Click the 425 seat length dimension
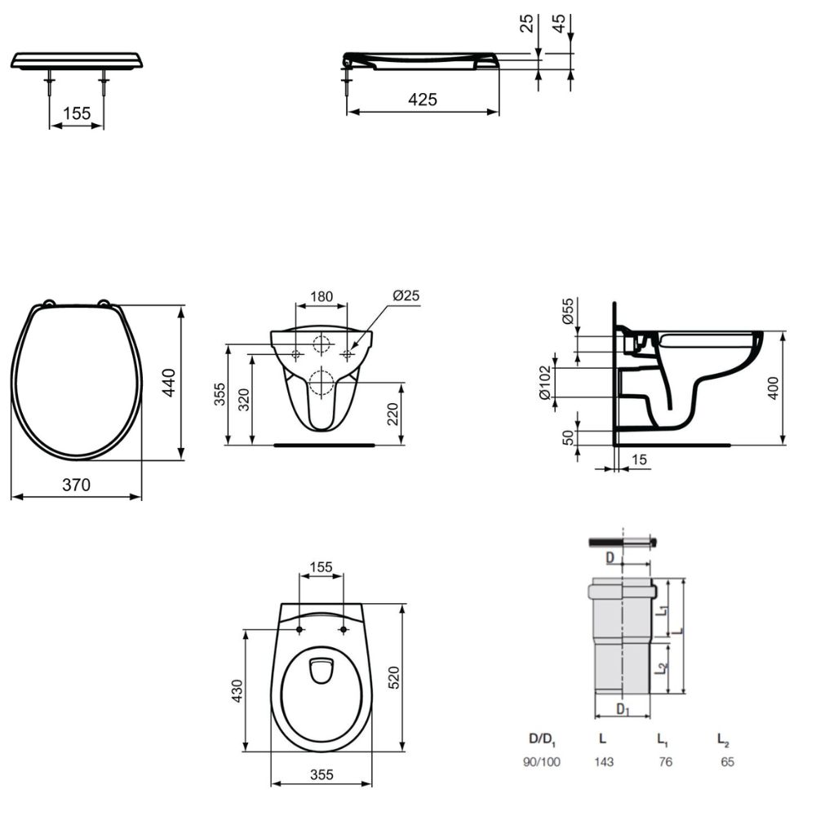pyautogui.click(x=423, y=99)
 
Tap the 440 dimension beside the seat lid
pyautogui.click(x=170, y=383)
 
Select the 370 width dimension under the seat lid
pyautogui.click(x=77, y=485)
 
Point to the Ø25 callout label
pyautogui.click(x=406, y=295)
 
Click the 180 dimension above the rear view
pyautogui.click(x=321, y=296)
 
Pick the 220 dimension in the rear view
pyautogui.click(x=393, y=415)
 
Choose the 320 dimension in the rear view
pyautogui.click(x=244, y=400)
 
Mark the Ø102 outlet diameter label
pyautogui.click(x=545, y=383)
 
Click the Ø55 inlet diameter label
pyautogui.click(x=568, y=311)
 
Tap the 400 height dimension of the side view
pyautogui.click(x=774, y=388)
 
